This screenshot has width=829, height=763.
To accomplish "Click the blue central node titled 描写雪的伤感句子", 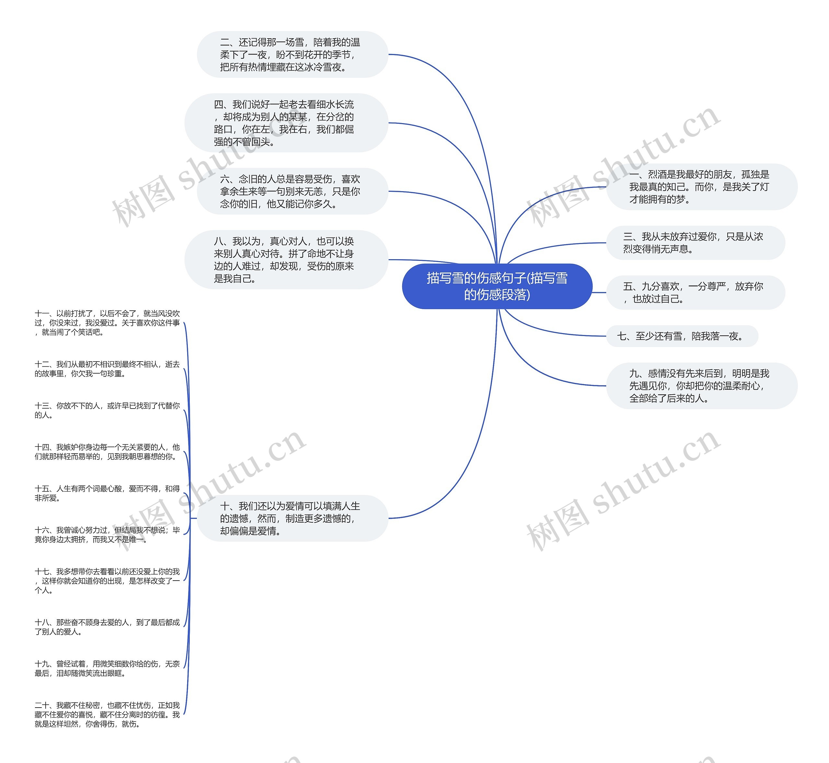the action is (497, 286).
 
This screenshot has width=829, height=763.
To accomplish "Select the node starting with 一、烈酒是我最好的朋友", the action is (701, 187).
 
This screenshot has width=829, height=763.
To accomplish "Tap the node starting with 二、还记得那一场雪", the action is (292, 54).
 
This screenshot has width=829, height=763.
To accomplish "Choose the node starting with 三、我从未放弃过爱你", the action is (695, 243).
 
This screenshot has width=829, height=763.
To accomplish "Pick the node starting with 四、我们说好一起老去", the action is (286, 123).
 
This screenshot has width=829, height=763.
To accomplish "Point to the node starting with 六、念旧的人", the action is (292, 191).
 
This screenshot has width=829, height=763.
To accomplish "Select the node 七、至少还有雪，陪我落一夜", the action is (682, 336).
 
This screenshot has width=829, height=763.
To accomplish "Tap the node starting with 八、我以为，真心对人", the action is (286, 260).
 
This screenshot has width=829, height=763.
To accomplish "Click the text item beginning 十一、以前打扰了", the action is (107, 323).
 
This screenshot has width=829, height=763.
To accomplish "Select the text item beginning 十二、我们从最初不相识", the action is (107, 369).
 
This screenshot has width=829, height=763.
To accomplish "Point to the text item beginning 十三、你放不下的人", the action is (107, 410).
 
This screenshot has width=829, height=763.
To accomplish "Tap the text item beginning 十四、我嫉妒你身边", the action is (107, 452).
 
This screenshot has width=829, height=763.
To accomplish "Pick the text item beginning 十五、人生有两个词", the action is (107, 493).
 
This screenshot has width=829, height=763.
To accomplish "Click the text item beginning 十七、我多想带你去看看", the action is (107, 581).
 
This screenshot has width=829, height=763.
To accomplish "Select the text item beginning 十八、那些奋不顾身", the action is (107, 627).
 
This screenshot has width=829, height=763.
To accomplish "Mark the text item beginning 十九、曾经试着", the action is (107, 668).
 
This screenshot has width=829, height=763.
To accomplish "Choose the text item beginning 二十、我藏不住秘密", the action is (107, 714).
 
